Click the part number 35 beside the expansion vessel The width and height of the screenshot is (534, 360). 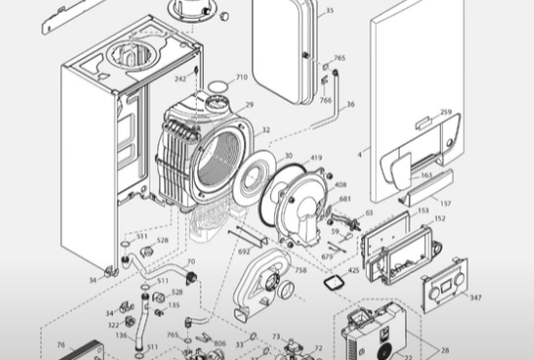329,11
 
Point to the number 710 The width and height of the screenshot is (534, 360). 241,76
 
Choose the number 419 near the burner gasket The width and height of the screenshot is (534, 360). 316,157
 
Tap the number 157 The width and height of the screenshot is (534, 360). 446,205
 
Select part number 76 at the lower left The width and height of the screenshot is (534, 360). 61,345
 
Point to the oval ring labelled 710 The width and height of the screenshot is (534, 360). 215,87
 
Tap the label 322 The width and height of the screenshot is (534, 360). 113,323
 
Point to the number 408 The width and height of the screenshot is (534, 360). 341,184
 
